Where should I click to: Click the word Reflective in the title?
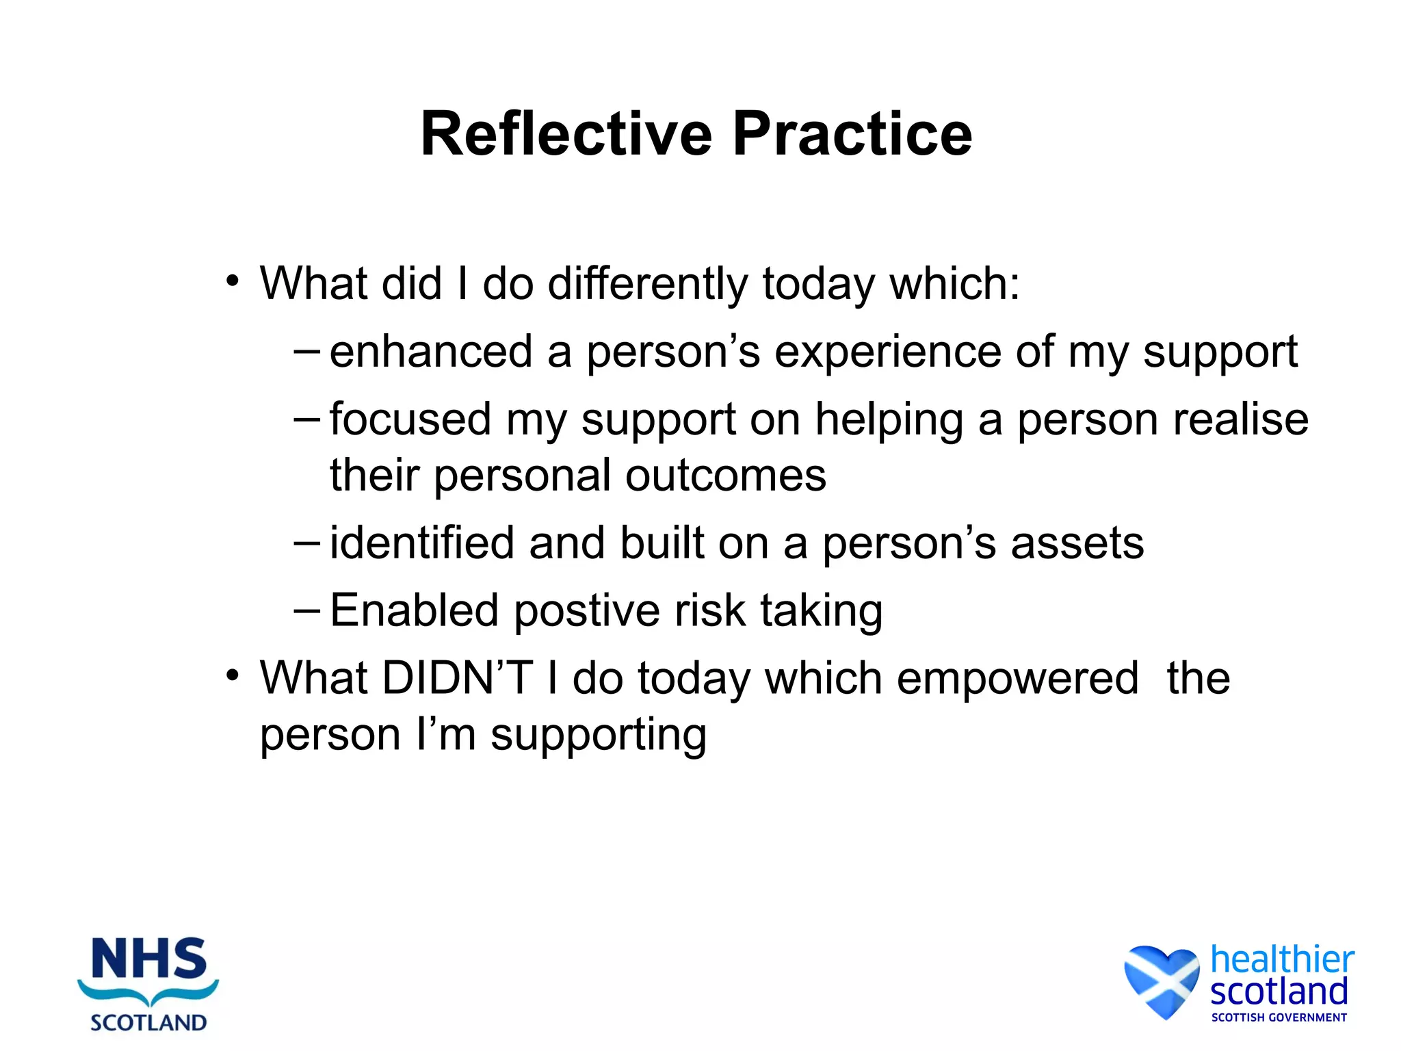tap(566, 134)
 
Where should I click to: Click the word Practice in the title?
tap(852, 134)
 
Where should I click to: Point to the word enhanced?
tap(431, 352)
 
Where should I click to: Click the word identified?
tap(422, 543)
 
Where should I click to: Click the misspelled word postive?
tap(586, 611)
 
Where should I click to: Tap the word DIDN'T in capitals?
tap(457, 678)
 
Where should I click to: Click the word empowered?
tap(1017, 679)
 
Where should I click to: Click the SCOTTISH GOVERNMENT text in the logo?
tap(1279, 1017)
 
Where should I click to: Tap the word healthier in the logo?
tap(1282, 959)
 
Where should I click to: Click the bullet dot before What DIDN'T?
tap(233, 675)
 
